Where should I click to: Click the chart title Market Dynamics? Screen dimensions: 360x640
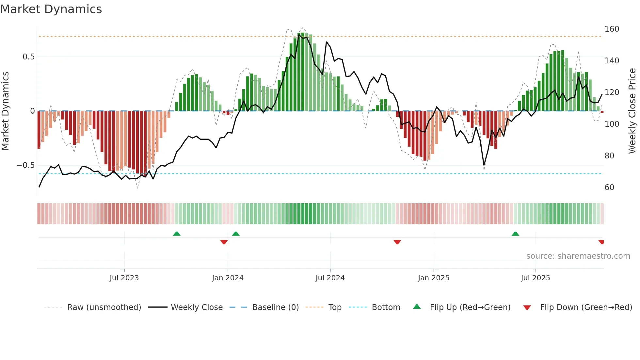[51, 9]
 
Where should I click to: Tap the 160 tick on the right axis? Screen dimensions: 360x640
[612, 29]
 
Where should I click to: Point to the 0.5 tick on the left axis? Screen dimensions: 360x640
[28, 57]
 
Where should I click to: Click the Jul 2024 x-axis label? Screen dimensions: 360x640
[330, 278]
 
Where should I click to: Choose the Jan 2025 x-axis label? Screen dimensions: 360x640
[433, 278]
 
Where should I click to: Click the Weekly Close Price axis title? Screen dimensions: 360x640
[632, 111]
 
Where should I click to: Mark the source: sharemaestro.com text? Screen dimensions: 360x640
[578, 256]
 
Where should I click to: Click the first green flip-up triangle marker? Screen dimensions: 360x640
[177, 234]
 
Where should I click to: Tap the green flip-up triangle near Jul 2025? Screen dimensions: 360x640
[515, 234]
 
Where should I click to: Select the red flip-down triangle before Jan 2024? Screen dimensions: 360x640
[224, 242]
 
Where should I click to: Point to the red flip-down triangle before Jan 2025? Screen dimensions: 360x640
[397, 242]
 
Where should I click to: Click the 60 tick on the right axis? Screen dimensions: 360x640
[609, 188]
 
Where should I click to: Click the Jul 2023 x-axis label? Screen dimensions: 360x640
[124, 278]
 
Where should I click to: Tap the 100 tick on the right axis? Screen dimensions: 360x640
[612, 124]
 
